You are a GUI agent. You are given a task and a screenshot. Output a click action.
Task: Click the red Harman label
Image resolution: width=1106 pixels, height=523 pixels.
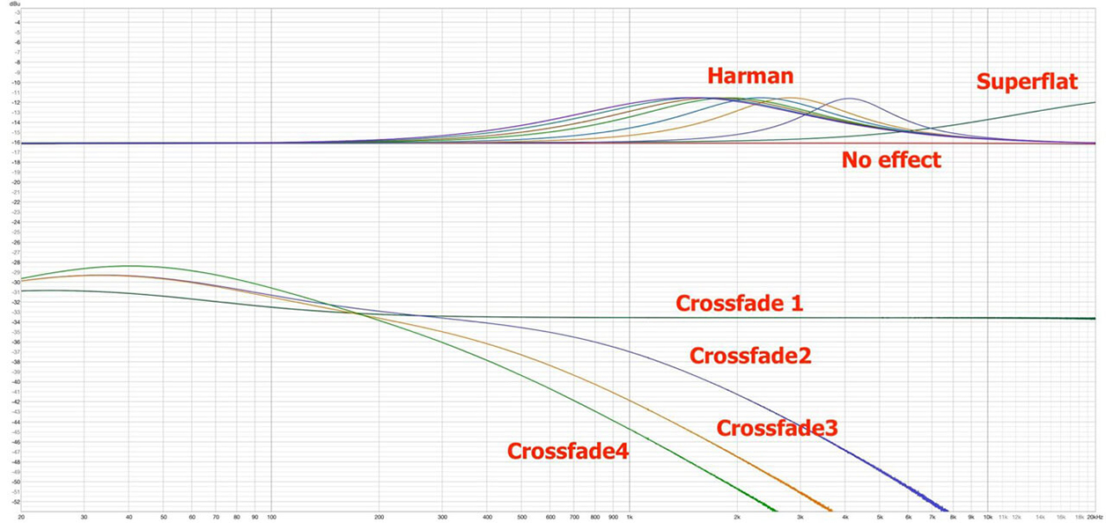pos(750,76)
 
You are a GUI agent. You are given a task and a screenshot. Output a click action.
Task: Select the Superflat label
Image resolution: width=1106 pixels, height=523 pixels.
pos(1027,83)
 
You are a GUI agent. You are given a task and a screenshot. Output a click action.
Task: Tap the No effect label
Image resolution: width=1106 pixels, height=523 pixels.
pos(891,160)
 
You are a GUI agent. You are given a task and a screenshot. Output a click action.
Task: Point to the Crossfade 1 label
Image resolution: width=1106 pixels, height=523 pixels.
pos(740,303)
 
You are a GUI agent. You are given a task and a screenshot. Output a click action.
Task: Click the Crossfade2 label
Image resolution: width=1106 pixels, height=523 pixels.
pos(750,356)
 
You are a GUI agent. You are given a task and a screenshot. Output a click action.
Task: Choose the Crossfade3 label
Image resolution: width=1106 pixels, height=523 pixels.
pos(777,429)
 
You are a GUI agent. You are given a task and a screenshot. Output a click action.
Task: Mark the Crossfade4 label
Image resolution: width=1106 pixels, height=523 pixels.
pos(567,451)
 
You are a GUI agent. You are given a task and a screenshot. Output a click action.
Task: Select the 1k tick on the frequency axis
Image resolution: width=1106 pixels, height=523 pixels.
pos(630,517)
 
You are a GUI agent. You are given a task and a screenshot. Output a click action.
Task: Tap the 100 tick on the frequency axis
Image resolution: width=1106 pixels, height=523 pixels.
pos(271,517)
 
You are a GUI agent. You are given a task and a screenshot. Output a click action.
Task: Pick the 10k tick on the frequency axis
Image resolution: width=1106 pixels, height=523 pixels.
pos(988,517)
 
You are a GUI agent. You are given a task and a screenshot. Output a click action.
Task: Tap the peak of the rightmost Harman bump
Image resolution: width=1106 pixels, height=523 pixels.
pos(850,98)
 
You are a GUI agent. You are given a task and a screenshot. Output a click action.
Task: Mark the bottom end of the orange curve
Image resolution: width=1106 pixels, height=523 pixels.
pos(830,510)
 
